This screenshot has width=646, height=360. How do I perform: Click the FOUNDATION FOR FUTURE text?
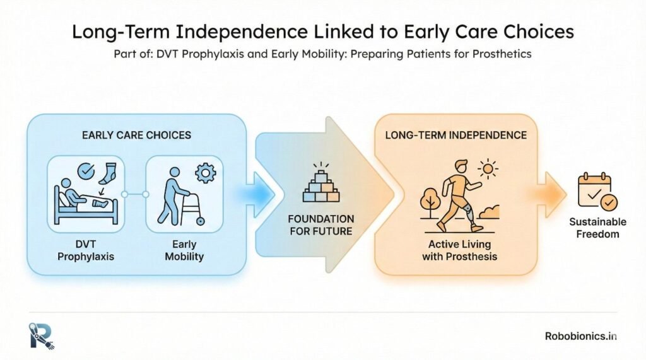point(322,224)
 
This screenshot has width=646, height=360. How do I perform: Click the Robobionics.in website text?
point(580,336)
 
